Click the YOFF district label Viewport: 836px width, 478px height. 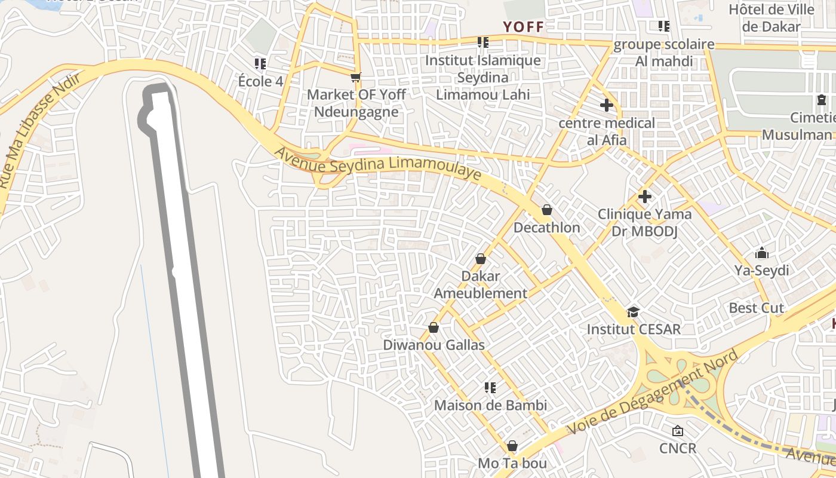[524, 27]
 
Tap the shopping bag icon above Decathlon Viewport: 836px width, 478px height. [546, 210]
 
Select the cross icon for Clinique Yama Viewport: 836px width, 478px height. [644, 196]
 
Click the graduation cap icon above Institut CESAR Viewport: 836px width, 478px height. [633, 312]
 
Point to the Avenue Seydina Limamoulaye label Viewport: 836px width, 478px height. [377, 163]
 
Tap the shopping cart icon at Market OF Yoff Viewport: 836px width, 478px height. [356, 76]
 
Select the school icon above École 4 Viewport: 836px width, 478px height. [260, 63]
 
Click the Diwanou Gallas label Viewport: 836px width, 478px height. [434, 345]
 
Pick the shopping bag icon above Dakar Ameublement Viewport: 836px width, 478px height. [480, 259]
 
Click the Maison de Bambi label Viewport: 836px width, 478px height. [490, 405]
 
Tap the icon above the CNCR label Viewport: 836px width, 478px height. [678, 431]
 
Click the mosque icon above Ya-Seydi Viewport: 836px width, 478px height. [761, 253]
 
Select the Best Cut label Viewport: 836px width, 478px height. [756, 308]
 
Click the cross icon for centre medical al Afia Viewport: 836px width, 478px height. [607, 105]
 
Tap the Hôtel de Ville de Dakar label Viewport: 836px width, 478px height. [771, 18]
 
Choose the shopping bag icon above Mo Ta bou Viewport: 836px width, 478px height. [512, 446]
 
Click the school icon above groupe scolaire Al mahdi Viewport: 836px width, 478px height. [663, 26]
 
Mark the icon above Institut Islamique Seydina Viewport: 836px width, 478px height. [482, 42]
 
